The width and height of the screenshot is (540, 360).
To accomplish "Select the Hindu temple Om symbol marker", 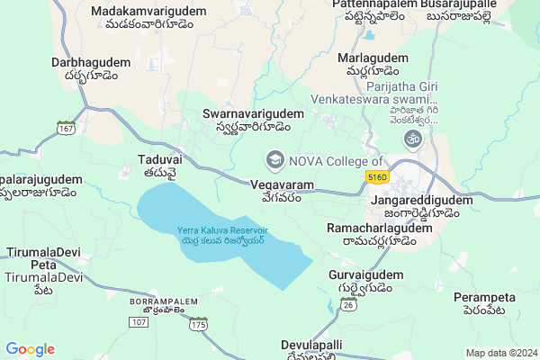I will tap(414, 139).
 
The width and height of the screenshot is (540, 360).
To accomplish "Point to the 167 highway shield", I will tap(66, 128).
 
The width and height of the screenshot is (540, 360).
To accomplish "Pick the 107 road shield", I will tap(138, 321).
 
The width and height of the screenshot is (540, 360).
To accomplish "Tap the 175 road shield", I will tap(198, 322).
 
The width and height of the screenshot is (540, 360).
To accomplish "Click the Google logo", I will tap(30, 349).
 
